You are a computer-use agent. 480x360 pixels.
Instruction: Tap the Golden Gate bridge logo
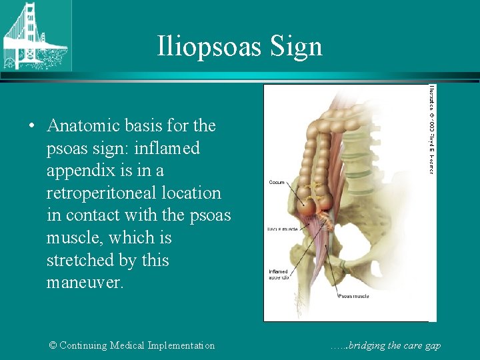(x=35, y=35)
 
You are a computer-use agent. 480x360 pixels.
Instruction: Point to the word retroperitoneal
(x=133, y=193)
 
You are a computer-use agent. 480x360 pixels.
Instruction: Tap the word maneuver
(x=85, y=283)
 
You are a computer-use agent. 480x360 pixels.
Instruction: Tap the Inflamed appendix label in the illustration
(x=279, y=274)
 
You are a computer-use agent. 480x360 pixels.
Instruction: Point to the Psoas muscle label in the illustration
(x=353, y=295)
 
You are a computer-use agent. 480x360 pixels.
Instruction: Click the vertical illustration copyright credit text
(x=431, y=129)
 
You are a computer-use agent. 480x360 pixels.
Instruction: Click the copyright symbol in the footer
(x=53, y=345)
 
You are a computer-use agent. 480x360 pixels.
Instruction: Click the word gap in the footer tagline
(x=433, y=345)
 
